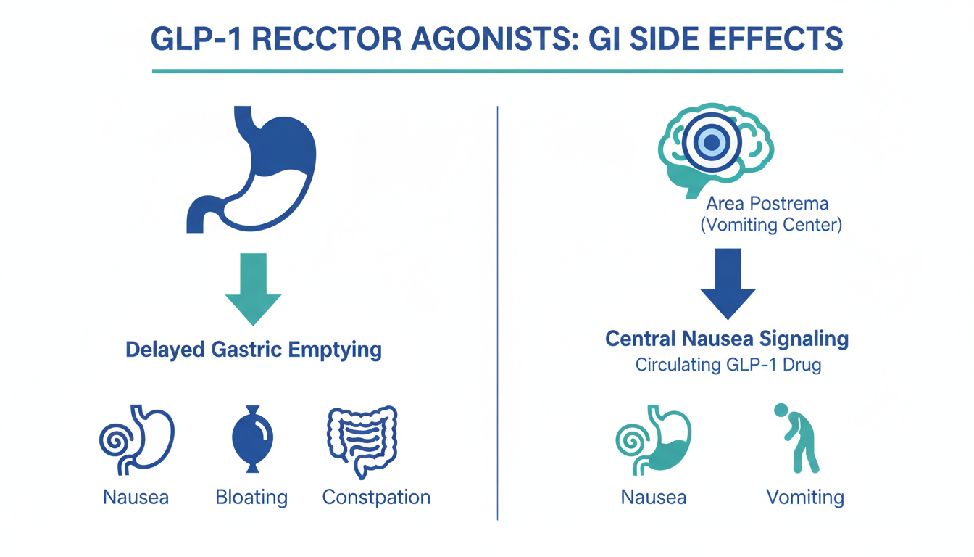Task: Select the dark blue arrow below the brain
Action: (728, 283)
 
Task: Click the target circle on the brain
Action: (712, 143)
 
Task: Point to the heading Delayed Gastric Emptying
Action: (254, 350)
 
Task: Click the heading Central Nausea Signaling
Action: (727, 339)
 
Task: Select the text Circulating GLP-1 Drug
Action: (728, 365)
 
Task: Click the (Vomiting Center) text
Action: (771, 225)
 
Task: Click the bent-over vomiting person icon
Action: (797, 439)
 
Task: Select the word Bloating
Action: (251, 498)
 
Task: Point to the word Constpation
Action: (376, 498)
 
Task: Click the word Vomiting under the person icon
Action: (804, 498)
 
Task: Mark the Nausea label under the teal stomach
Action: (654, 498)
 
